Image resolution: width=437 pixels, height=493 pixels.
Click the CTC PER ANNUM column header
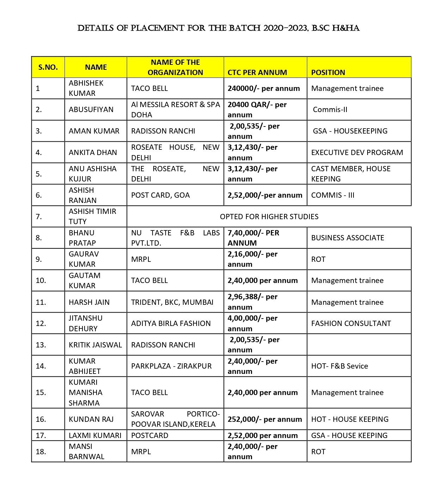click(x=257, y=72)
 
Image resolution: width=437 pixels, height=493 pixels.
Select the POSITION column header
click(x=328, y=72)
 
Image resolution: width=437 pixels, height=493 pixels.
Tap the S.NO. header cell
click(x=48, y=67)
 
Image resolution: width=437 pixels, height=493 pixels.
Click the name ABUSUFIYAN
click(x=91, y=110)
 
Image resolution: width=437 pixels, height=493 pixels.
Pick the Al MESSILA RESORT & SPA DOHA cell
click(x=175, y=110)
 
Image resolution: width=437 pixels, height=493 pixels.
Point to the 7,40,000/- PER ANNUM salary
click(x=253, y=238)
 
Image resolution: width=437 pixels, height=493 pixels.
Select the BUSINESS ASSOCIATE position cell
click(x=347, y=238)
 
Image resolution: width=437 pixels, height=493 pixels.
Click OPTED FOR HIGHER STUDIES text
click(x=269, y=216)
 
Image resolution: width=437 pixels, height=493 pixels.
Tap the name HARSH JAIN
click(x=89, y=302)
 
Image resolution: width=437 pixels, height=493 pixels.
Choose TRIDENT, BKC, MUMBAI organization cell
click(x=172, y=302)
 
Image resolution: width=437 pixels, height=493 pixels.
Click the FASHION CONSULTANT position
click(x=351, y=323)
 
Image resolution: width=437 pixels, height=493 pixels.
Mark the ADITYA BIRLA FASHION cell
click(x=171, y=323)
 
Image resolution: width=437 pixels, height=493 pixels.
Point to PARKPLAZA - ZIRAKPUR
click(x=171, y=366)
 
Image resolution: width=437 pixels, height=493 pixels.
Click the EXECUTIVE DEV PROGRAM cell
click(x=357, y=152)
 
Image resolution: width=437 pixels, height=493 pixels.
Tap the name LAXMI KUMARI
click(x=95, y=435)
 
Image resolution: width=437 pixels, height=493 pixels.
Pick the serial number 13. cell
click(x=41, y=345)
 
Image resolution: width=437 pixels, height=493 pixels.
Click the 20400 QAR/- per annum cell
click(x=257, y=110)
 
